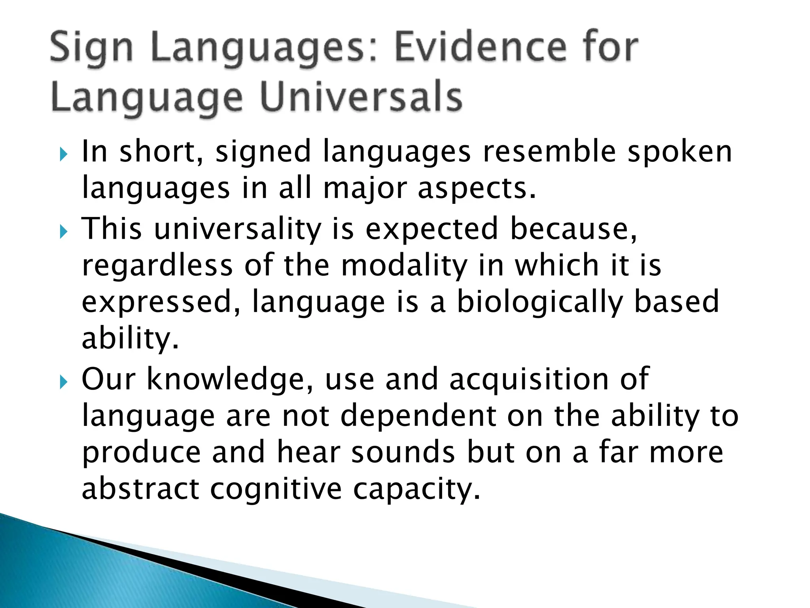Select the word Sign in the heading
[x=91, y=49]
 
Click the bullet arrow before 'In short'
[x=64, y=155]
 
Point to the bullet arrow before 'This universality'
[x=64, y=232]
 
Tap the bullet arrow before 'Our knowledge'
[x=64, y=382]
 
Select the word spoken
[x=680, y=152]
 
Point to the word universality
[x=237, y=229]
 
